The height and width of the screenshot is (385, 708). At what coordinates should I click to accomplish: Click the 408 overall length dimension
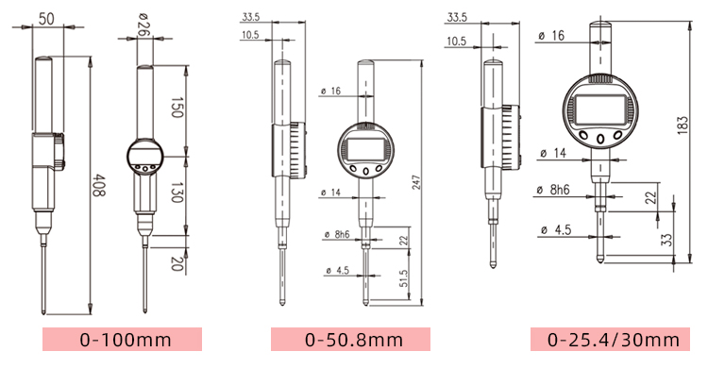pyautogui.click(x=99, y=185)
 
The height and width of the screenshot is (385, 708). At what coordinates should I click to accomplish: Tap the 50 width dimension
pyautogui.click(x=46, y=19)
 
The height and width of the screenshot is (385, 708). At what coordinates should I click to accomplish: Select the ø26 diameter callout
pyautogui.click(x=144, y=25)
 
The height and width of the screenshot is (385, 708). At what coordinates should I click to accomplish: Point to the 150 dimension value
pyautogui.click(x=177, y=108)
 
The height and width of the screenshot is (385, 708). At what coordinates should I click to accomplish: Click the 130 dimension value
pyautogui.click(x=177, y=192)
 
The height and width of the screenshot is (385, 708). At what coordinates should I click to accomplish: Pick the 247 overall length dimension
pyautogui.click(x=416, y=182)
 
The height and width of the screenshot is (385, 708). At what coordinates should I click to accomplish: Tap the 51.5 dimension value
pyautogui.click(x=403, y=278)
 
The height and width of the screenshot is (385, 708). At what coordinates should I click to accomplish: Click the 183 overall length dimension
pyautogui.click(x=683, y=125)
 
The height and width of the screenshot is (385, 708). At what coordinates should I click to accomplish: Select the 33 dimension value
pyautogui.click(x=666, y=240)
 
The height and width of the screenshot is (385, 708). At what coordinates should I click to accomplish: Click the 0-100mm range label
pyautogui.click(x=126, y=340)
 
